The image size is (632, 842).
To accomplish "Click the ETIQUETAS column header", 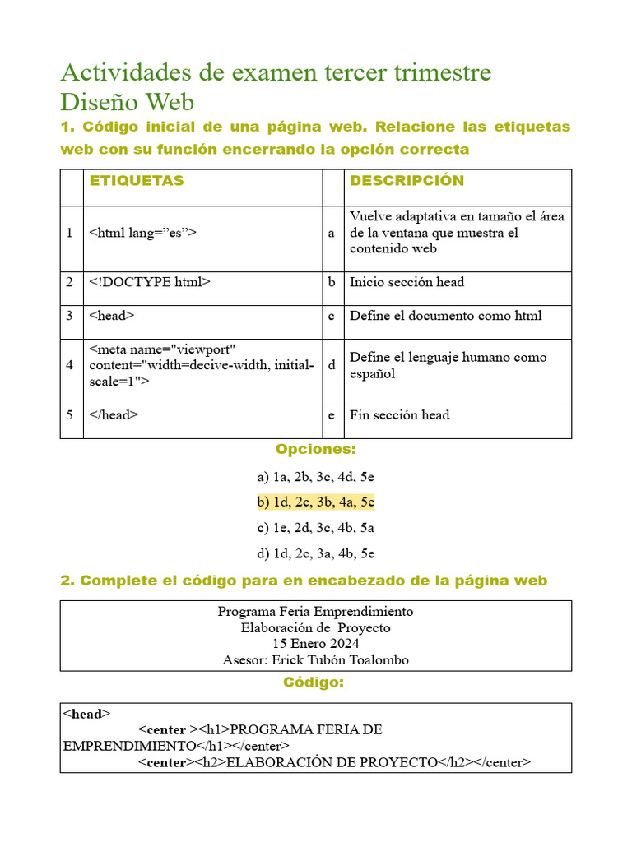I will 136,181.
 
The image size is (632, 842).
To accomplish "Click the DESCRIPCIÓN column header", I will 407,181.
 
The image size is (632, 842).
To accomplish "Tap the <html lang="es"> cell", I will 142,233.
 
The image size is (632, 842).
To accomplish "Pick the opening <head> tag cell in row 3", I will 112,316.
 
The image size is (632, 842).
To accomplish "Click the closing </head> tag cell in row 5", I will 114,415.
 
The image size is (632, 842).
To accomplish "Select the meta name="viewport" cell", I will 201,365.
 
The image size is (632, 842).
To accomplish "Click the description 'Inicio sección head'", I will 407,282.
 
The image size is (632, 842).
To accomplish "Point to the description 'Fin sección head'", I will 399,415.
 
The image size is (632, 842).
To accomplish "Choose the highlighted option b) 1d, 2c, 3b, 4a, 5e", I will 315,502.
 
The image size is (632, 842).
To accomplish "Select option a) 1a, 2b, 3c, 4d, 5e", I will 315,477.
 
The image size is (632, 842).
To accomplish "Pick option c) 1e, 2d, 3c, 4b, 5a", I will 315,528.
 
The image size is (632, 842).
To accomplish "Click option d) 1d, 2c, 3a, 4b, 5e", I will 315,553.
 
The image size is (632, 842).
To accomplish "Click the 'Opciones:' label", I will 316,450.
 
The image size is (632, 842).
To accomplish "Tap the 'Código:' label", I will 314,682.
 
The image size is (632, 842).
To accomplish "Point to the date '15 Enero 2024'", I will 316,644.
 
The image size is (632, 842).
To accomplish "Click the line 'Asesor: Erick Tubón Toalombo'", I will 316,659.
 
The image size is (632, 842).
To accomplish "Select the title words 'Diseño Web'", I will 128,103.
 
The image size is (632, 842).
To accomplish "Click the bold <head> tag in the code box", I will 86,714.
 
